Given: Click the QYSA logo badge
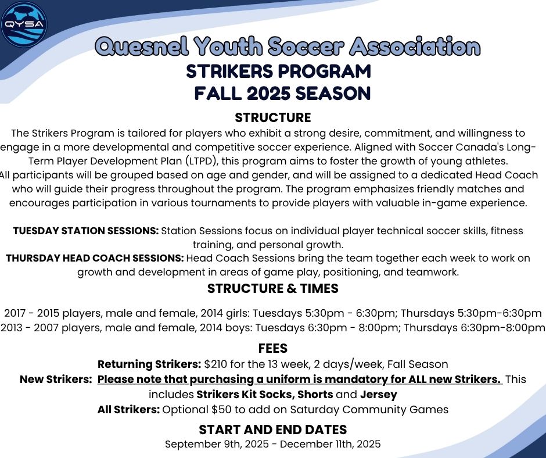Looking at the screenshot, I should tap(24, 24).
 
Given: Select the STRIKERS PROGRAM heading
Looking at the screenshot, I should tap(278, 71).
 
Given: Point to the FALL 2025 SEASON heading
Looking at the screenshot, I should tap(282, 93).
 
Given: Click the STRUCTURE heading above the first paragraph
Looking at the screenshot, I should tap(272, 118).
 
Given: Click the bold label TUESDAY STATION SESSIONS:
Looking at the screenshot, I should tap(85, 231).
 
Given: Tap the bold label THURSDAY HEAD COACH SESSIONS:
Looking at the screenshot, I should tap(94, 258).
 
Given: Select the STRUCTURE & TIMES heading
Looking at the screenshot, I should tap(272, 288).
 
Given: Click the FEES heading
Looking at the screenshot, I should tap(272, 349).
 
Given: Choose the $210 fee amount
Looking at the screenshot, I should tap(216, 364).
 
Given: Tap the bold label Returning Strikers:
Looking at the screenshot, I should tap(149, 364).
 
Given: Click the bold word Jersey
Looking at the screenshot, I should tap(379, 395).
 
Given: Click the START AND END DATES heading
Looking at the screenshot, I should tap(272, 430).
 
